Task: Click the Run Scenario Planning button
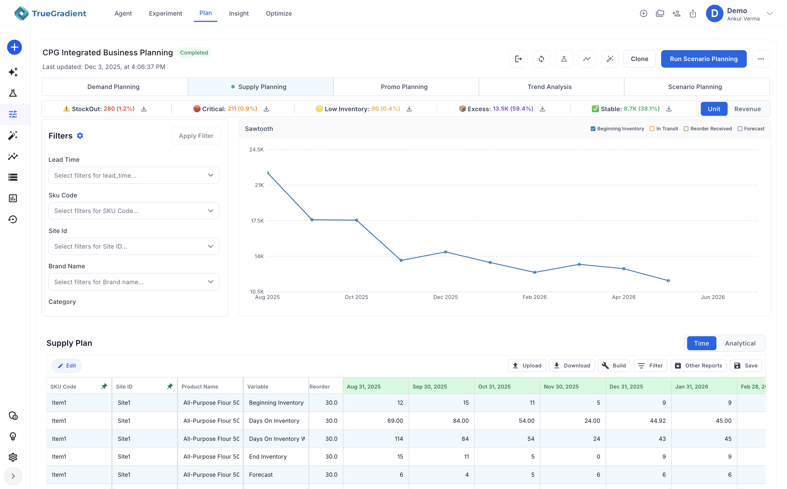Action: [x=703, y=59]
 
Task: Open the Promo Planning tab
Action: [x=404, y=87]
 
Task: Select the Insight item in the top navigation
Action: [x=239, y=13]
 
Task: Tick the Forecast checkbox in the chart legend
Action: [x=740, y=129]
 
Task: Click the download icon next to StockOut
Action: [x=144, y=109]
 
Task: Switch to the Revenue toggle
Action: [x=747, y=109]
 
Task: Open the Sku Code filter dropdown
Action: [x=134, y=211]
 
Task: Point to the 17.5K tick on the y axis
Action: [x=257, y=221]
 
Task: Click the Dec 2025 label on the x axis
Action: [x=445, y=297]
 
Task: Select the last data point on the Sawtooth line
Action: [x=668, y=281]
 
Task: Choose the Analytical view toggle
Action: [x=740, y=343]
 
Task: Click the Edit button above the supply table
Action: [x=67, y=366]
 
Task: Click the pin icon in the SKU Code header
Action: [x=104, y=386]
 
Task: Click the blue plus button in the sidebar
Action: [x=14, y=47]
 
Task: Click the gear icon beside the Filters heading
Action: [x=80, y=136]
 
